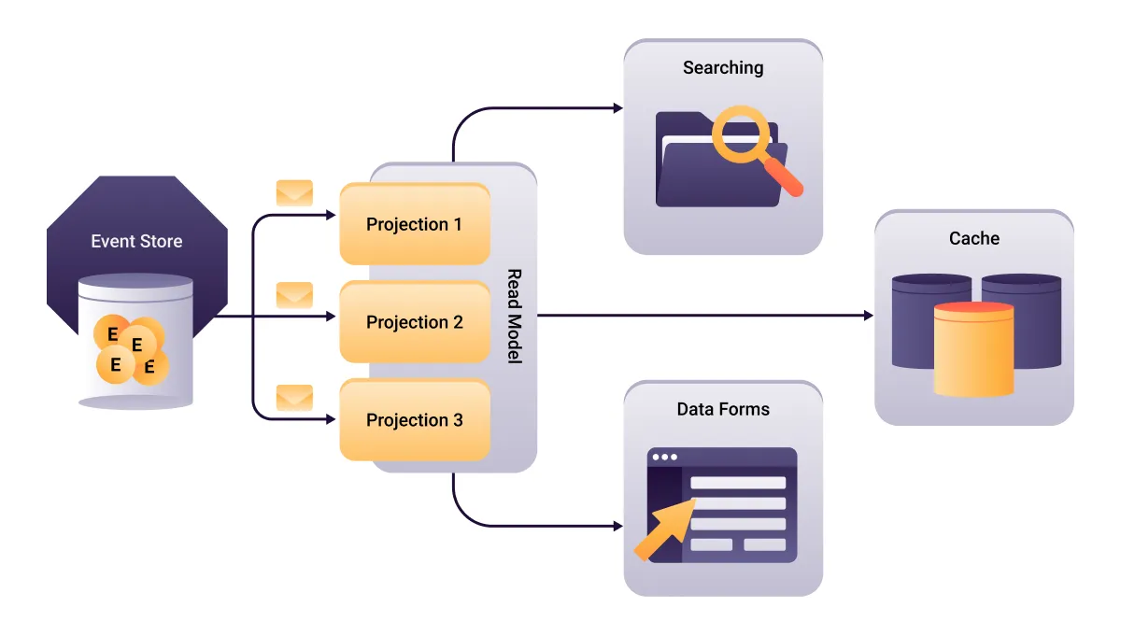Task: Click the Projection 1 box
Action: tap(414, 224)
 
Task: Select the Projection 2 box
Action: tap(414, 322)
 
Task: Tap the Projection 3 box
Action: tap(414, 420)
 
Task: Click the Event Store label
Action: tap(136, 241)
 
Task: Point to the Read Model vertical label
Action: tap(513, 317)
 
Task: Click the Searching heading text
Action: tap(723, 67)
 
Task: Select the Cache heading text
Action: tap(974, 238)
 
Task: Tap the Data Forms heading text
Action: tap(723, 409)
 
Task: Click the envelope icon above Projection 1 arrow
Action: tap(294, 193)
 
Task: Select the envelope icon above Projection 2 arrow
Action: tap(294, 295)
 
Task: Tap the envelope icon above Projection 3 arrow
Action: tap(294, 397)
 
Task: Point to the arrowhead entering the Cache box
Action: tap(868, 316)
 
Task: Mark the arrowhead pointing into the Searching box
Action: tap(617, 108)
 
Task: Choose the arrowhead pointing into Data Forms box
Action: tap(617, 527)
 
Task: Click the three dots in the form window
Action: tap(664, 458)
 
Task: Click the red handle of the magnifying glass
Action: tap(786, 178)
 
